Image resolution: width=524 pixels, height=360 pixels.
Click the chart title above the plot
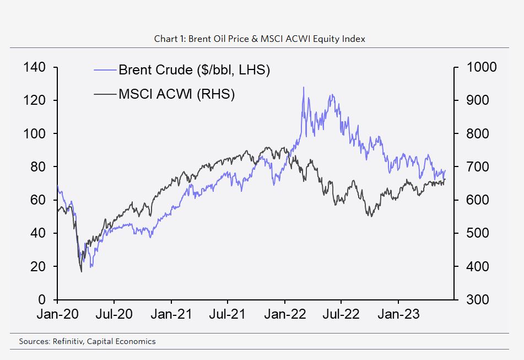pyautogui.click(x=260, y=39)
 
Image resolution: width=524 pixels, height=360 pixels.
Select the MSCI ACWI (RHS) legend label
pyautogui.click(x=176, y=94)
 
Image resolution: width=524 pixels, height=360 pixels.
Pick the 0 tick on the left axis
pyautogui.click(x=41, y=299)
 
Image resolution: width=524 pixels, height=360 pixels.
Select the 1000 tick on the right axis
pyautogui.click(x=481, y=67)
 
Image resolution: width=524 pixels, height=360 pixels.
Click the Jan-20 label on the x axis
pyautogui.click(x=57, y=315)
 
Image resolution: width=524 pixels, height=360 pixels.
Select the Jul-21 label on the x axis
pyautogui.click(x=228, y=315)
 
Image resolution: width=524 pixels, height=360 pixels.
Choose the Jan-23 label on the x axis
pyautogui.click(x=399, y=315)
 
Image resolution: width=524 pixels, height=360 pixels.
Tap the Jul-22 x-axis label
pyautogui.click(x=341, y=315)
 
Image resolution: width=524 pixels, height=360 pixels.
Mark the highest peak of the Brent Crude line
pyautogui.click(x=303, y=87)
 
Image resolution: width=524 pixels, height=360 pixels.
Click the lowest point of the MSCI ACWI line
pyautogui.click(x=81, y=271)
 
